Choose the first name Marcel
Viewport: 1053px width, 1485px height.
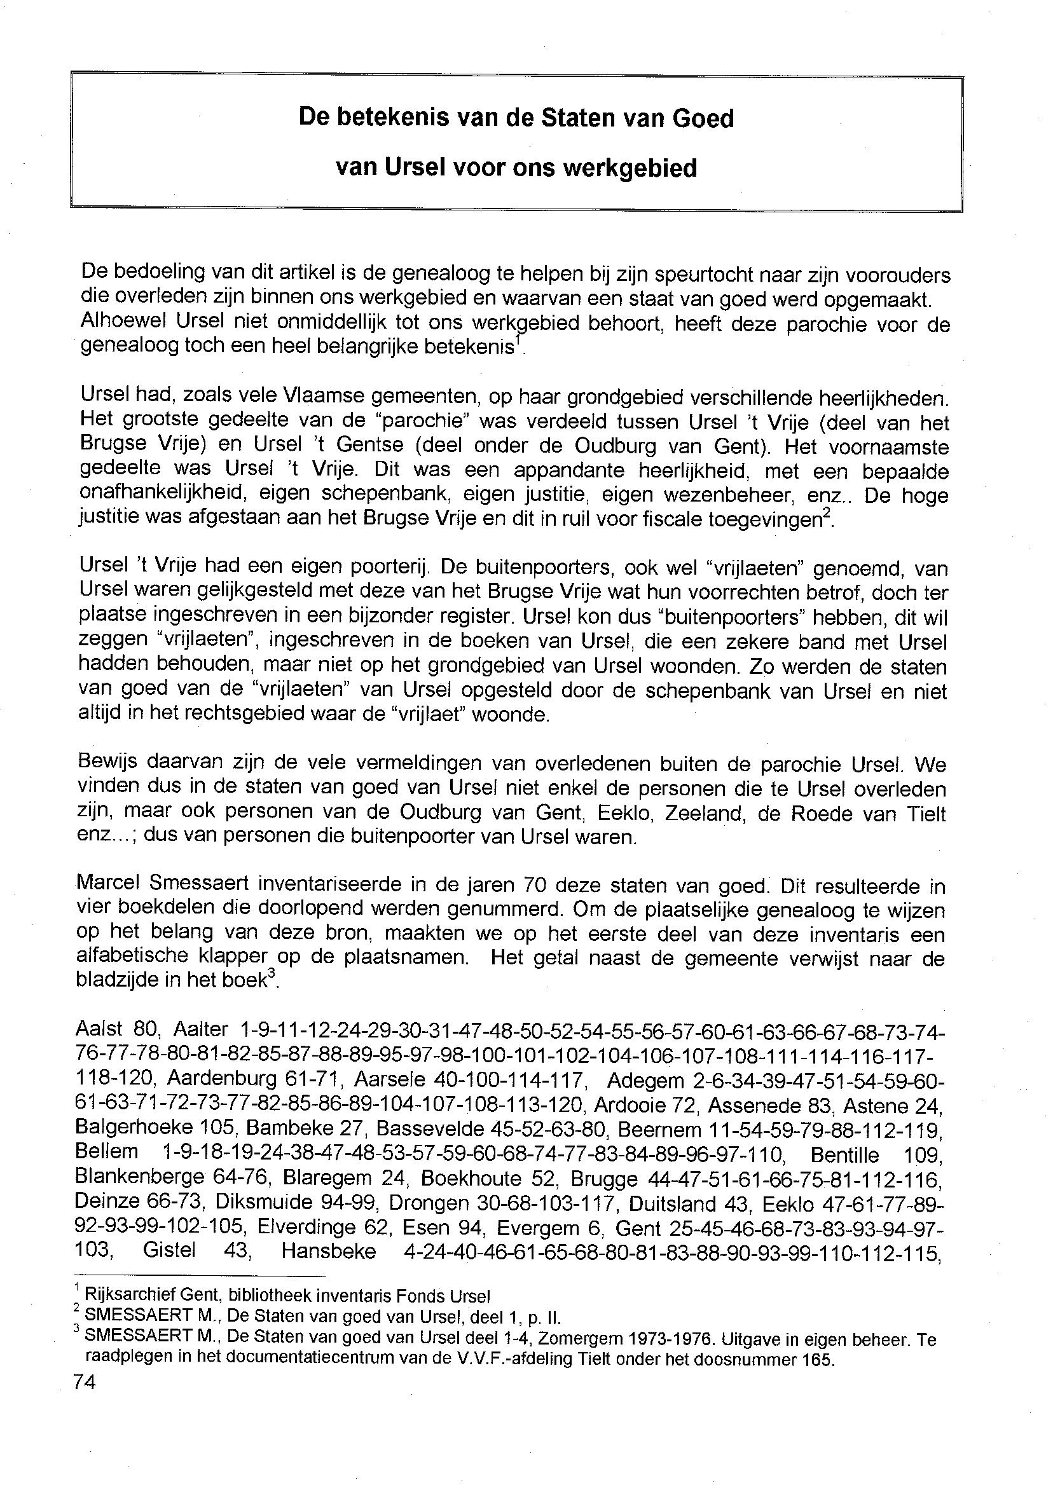(106, 887)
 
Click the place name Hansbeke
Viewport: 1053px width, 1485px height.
(328, 1250)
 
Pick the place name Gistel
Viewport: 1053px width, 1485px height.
(169, 1250)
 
